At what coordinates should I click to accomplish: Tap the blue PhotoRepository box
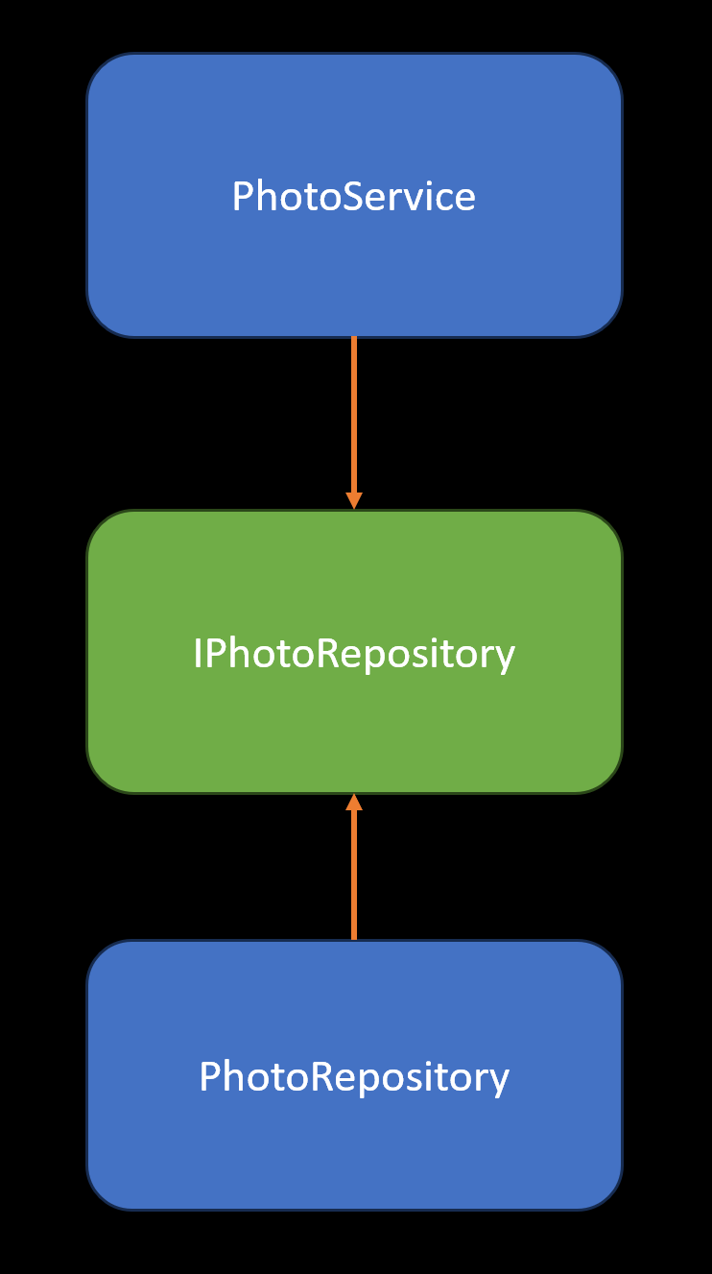click(354, 1142)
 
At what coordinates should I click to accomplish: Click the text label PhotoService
click(354, 197)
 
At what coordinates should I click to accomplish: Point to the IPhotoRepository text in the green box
click(354, 654)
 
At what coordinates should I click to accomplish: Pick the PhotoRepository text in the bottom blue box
click(354, 1076)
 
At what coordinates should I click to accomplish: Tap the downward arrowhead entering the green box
click(354, 500)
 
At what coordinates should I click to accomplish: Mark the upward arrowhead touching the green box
click(354, 803)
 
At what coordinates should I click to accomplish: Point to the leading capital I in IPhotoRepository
click(197, 654)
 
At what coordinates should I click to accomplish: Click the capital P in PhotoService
click(244, 197)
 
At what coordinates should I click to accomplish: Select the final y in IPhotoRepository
click(505, 659)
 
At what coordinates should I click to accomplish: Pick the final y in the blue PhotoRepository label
click(499, 1081)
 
